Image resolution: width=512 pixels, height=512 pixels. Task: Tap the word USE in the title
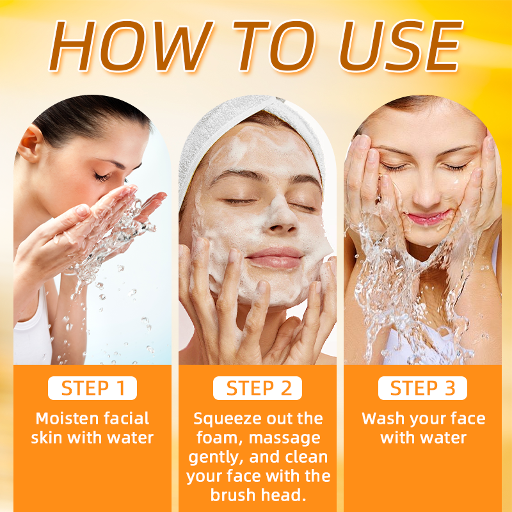click(x=401, y=45)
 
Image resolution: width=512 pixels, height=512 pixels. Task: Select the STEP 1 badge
click(x=92, y=388)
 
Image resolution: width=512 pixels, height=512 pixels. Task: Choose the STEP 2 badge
click(x=258, y=388)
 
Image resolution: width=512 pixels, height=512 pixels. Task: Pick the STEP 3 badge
click(x=422, y=388)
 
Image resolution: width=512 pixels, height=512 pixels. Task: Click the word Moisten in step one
click(x=67, y=419)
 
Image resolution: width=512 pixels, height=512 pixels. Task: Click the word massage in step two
click(x=284, y=438)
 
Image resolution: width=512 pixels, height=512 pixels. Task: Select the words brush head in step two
click(x=259, y=495)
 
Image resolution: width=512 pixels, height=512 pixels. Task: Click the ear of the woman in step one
click(x=30, y=143)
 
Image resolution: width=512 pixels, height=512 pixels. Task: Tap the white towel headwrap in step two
click(x=248, y=131)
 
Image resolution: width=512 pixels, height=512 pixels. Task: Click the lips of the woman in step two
click(x=275, y=258)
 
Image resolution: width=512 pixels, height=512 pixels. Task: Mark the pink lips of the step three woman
click(x=428, y=218)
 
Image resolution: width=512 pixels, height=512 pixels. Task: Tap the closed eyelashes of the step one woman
click(x=102, y=177)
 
